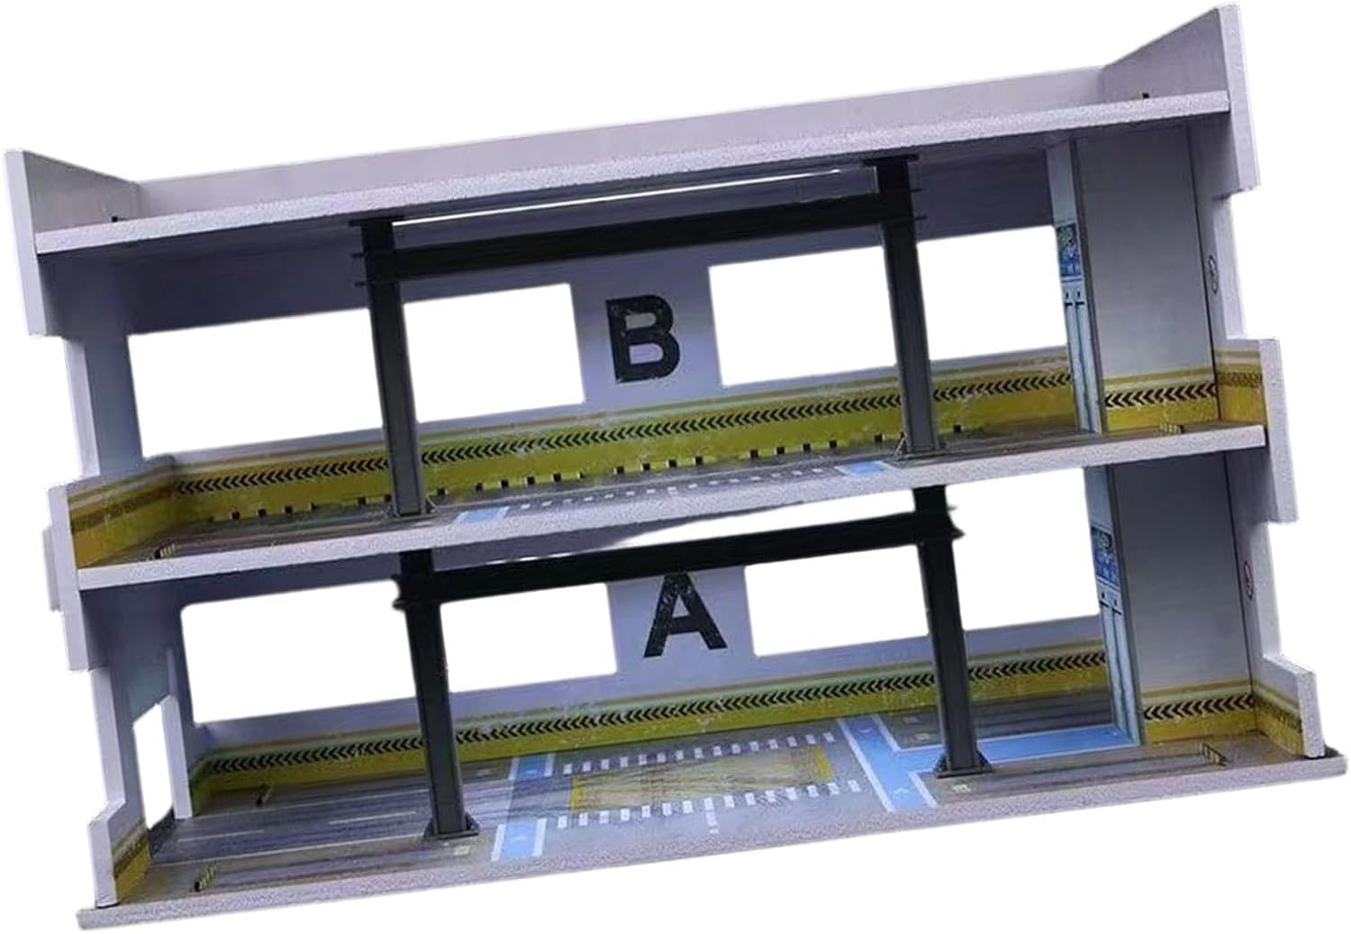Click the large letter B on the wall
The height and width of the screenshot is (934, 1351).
pyautogui.click(x=644, y=339)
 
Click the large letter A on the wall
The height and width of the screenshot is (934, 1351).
pyautogui.click(x=683, y=614)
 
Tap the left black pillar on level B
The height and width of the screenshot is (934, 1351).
pyautogui.click(x=392, y=368)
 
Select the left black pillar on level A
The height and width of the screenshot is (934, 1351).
pyautogui.click(x=435, y=694)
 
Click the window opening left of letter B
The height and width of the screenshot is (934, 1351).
pyautogui.click(x=356, y=367)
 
